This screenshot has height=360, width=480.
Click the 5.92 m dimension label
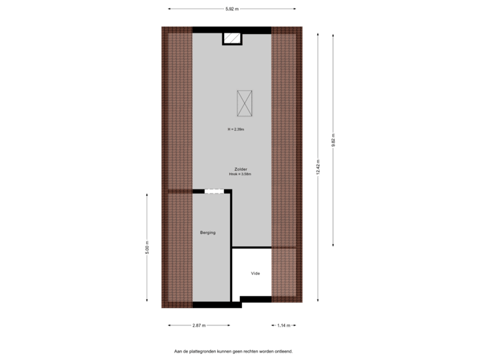(232, 9)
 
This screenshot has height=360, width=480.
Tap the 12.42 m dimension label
(318, 167)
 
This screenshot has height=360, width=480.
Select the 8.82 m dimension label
(333, 140)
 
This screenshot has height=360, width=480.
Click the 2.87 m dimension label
(199, 325)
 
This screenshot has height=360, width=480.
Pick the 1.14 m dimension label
(283, 325)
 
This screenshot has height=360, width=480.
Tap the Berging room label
(208, 233)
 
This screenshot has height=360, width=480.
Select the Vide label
(255, 273)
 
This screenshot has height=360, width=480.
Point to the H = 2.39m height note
(236, 129)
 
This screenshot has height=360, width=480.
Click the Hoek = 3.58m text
(240, 174)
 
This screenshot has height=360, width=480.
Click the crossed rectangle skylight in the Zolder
(244, 103)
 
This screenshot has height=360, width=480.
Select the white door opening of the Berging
(213, 192)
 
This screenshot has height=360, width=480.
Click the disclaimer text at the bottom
(233, 351)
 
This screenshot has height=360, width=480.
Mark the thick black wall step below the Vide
(255, 299)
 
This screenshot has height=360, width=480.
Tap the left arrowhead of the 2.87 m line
(168, 325)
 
